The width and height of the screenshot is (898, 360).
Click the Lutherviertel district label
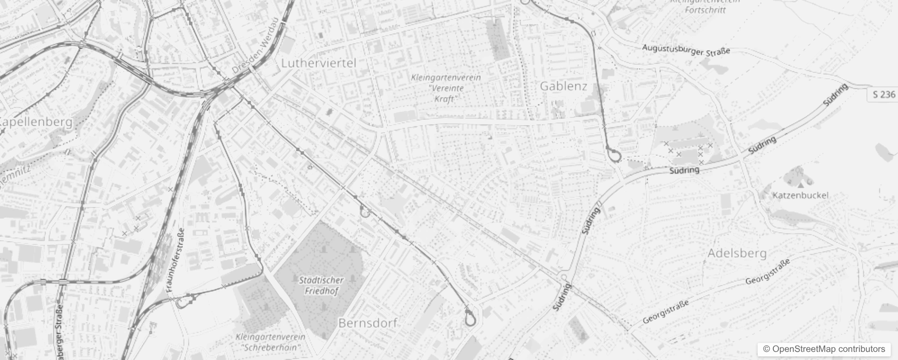point(319,63)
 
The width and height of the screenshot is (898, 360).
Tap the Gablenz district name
point(563,86)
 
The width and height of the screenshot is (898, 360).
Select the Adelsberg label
point(737,253)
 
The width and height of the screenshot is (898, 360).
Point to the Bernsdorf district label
point(368,323)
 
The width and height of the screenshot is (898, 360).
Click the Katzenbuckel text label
point(800,195)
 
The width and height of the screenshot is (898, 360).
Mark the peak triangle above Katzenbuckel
point(800,184)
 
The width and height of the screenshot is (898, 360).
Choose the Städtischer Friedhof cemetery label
point(321,285)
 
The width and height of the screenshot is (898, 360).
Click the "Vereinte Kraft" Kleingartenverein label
point(445,88)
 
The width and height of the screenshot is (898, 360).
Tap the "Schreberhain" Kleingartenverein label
point(270,342)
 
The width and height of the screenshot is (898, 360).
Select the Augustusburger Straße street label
point(686,50)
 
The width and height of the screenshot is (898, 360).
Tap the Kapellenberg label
point(36,122)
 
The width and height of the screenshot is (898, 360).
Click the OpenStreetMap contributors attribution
point(824,349)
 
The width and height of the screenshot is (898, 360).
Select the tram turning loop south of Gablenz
point(614,156)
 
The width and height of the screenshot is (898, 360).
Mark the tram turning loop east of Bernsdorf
point(470,320)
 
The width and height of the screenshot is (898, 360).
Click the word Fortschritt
point(705,9)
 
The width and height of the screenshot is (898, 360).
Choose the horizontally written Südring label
point(684,170)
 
